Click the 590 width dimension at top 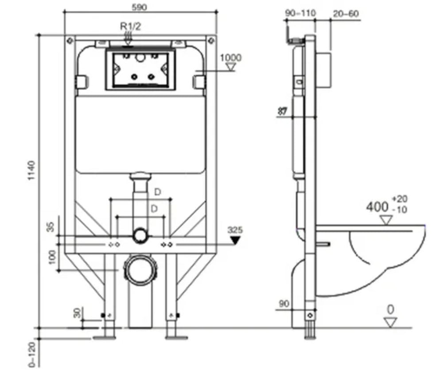coord(140,6)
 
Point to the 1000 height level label coord(230,58)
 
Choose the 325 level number coord(235,230)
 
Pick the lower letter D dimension coord(154,208)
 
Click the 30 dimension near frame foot coord(78,312)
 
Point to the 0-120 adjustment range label coord(31,354)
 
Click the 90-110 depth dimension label coord(300,13)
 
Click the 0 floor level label coord(390,309)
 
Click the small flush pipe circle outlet coord(140,235)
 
